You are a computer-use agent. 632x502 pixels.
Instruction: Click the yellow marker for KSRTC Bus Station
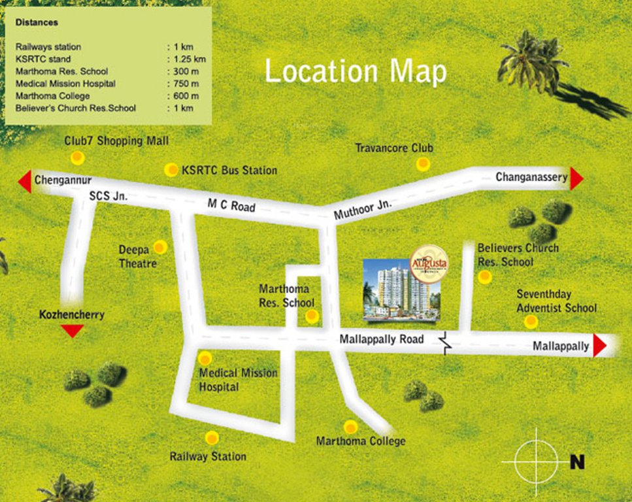[x=171, y=170]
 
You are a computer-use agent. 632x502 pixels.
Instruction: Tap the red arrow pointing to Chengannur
[x=25, y=181]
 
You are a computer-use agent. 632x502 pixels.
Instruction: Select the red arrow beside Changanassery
[x=576, y=178]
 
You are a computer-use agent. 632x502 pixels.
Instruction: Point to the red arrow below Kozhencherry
[x=72, y=331]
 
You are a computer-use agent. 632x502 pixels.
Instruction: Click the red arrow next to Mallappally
[x=599, y=346]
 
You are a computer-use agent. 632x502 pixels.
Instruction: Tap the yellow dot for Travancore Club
[x=423, y=164]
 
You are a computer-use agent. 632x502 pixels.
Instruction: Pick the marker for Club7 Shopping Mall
[x=78, y=158]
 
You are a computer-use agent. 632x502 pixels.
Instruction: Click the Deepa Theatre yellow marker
[x=160, y=248]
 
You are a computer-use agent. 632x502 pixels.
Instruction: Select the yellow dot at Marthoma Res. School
[x=312, y=316]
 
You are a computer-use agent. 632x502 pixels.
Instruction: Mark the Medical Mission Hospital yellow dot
[x=205, y=358]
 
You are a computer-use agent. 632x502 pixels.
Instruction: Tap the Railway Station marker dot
[x=211, y=438]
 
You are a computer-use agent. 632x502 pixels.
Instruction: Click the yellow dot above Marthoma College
[x=351, y=427]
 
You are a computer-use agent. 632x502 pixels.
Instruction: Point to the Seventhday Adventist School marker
[x=531, y=322]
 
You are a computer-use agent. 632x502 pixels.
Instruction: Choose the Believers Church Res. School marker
[x=484, y=277]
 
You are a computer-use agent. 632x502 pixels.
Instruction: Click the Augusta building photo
[x=401, y=290]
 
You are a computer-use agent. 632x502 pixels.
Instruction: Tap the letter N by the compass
[x=577, y=462]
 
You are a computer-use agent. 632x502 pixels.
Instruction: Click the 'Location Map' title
[x=356, y=71]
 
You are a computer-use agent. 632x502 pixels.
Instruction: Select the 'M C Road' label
[x=231, y=206]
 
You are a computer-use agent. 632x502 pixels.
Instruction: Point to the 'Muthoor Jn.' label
[x=363, y=210]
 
